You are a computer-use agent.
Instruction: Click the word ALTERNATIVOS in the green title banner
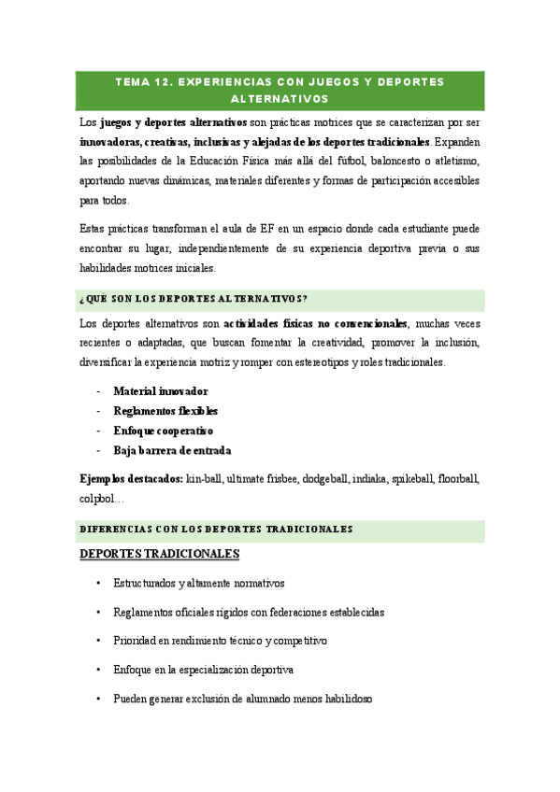(280, 98)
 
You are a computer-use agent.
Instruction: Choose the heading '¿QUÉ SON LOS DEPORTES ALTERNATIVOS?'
(194, 299)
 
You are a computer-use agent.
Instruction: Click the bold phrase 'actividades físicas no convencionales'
(316, 324)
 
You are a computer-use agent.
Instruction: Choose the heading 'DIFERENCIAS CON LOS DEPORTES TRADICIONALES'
(216, 529)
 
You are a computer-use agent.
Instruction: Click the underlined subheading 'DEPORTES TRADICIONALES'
(160, 555)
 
